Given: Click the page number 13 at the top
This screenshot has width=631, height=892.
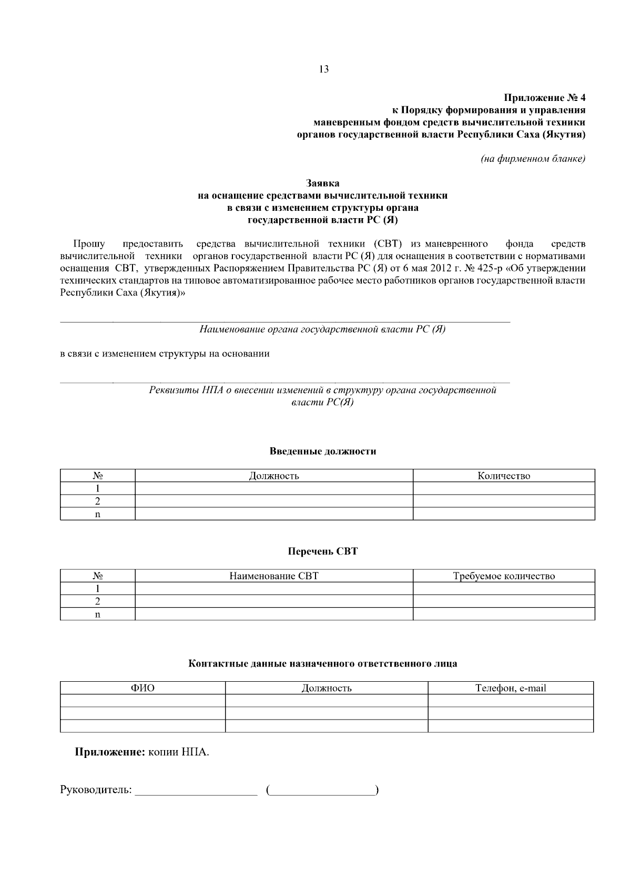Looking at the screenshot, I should (x=324, y=69).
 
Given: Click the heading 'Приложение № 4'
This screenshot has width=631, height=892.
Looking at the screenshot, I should (x=544, y=98).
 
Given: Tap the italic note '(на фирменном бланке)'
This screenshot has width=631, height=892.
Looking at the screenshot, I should (x=533, y=158).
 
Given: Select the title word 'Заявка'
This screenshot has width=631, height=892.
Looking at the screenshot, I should (x=323, y=183).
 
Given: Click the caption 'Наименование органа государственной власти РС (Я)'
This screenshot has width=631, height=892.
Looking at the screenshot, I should (x=322, y=330).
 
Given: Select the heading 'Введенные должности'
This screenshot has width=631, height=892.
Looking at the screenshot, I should (x=323, y=451).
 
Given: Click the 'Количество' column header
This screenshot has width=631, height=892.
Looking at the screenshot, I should (x=504, y=476).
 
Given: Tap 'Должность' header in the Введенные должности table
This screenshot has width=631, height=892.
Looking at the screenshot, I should (x=273, y=476).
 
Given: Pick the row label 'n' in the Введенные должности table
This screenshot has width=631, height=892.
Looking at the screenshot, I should (x=97, y=514).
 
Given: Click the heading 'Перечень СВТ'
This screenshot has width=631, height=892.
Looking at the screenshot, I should (x=323, y=551).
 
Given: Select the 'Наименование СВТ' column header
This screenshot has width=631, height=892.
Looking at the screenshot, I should (x=273, y=576).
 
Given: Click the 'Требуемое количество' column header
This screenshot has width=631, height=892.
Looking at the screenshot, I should (x=504, y=576).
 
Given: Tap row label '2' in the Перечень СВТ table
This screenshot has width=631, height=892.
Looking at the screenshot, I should (x=97, y=601).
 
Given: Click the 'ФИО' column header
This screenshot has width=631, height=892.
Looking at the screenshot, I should (x=143, y=688).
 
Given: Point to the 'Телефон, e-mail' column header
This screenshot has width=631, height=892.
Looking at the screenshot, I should (x=510, y=688).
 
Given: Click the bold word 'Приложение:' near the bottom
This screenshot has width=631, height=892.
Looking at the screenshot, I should (x=110, y=752).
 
